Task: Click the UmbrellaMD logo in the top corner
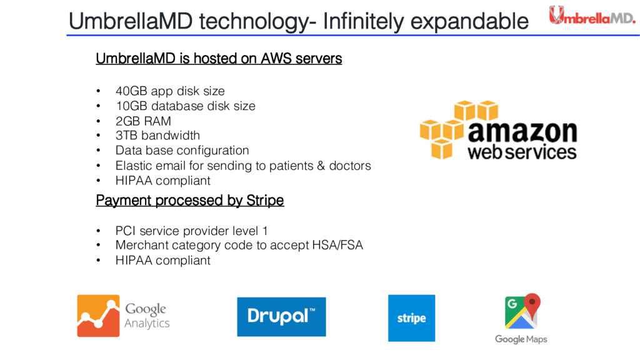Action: (x=591, y=15)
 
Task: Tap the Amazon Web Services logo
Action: (x=497, y=131)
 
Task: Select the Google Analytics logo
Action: (x=123, y=316)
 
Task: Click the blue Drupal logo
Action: (x=281, y=316)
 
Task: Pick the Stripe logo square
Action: (x=411, y=318)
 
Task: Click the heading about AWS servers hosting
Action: (x=219, y=59)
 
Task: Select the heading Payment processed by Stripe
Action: (x=189, y=201)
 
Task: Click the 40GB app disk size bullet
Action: (x=170, y=91)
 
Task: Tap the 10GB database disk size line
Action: (x=185, y=106)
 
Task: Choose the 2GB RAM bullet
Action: (x=143, y=121)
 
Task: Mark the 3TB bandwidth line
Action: (x=157, y=136)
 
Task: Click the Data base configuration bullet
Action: (x=182, y=151)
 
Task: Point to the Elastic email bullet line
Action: (x=243, y=166)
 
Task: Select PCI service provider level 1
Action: (x=192, y=231)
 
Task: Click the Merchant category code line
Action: (x=239, y=246)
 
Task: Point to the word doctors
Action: (x=350, y=166)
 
